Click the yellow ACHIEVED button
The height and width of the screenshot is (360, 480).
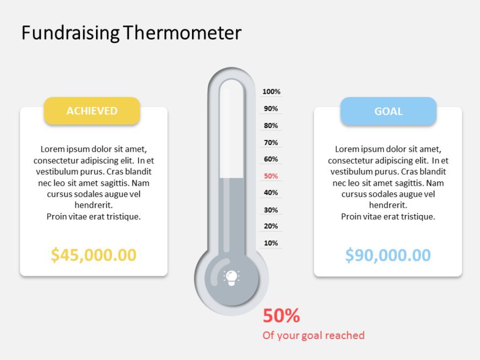tap(92, 111)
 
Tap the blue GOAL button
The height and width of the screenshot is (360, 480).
tap(388, 111)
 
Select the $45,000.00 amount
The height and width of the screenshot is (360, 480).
tap(93, 255)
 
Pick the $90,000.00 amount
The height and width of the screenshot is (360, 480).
tap(388, 255)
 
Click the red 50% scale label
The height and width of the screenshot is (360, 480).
tap(271, 176)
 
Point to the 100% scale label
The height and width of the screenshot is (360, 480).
tap(271, 92)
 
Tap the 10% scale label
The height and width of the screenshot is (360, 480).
tap(271, 243)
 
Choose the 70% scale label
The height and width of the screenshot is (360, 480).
tap(271, 143)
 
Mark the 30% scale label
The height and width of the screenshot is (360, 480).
tap(271, 210)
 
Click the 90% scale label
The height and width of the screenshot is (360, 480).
tap(271, 109)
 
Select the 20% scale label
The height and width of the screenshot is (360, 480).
tap(271, 226)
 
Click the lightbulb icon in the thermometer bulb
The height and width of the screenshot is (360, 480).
tap(231, 277)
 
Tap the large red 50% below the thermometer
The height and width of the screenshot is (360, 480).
tap(281, 316)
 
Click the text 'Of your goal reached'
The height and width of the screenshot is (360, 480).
tap(313, 335)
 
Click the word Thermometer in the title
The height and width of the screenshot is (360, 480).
tap(183, 33)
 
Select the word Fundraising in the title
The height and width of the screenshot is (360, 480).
tap(70, 33)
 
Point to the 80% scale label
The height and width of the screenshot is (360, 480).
tap(271, 126)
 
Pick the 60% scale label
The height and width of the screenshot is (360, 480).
tap(271, 159)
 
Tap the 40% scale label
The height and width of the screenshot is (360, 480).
tap(271, 193)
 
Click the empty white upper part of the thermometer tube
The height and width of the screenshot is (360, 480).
tap(232, 132)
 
